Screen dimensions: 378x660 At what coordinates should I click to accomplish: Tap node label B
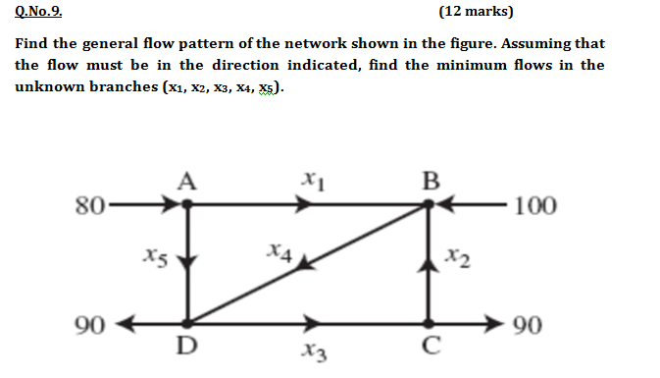coord(430,180)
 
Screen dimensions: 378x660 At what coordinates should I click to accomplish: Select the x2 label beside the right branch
coord(457,260)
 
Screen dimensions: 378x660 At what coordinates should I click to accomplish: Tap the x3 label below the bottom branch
coord(312,351)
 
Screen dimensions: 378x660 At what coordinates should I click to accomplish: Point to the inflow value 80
coord(89,206)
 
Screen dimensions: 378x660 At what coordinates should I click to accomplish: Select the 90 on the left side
coord(88,324)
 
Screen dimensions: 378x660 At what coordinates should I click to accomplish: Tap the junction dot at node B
coord(430,206)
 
